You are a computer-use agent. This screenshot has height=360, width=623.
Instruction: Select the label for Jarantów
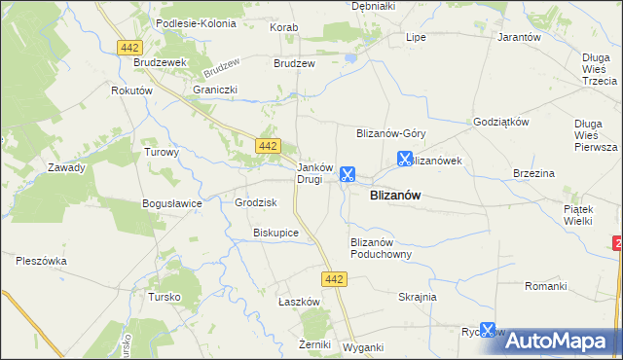pos(518,37)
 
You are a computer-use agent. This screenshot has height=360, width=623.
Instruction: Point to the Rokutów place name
pos(133,90)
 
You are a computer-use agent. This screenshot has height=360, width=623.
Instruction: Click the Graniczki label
pos(215,90)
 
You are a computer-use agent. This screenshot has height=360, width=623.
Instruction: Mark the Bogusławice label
pos(171,203)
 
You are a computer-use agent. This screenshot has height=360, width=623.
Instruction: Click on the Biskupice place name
pos(275,234)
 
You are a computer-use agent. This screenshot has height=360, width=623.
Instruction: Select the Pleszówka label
pos(41,260)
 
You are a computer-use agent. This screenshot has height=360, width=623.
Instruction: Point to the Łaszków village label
pos(299,302)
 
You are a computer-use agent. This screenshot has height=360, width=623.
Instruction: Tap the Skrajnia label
pos(418,297)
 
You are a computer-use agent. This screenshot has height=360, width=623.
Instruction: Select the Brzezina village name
pos(533,173)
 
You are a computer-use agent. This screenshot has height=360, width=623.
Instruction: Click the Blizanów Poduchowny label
pos(381,248)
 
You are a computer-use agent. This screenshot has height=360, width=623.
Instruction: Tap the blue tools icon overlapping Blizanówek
pos(405,159)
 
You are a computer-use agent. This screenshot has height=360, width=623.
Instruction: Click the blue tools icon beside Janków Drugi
pos(347,175)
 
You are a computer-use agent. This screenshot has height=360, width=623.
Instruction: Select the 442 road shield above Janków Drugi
pos(269,146)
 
